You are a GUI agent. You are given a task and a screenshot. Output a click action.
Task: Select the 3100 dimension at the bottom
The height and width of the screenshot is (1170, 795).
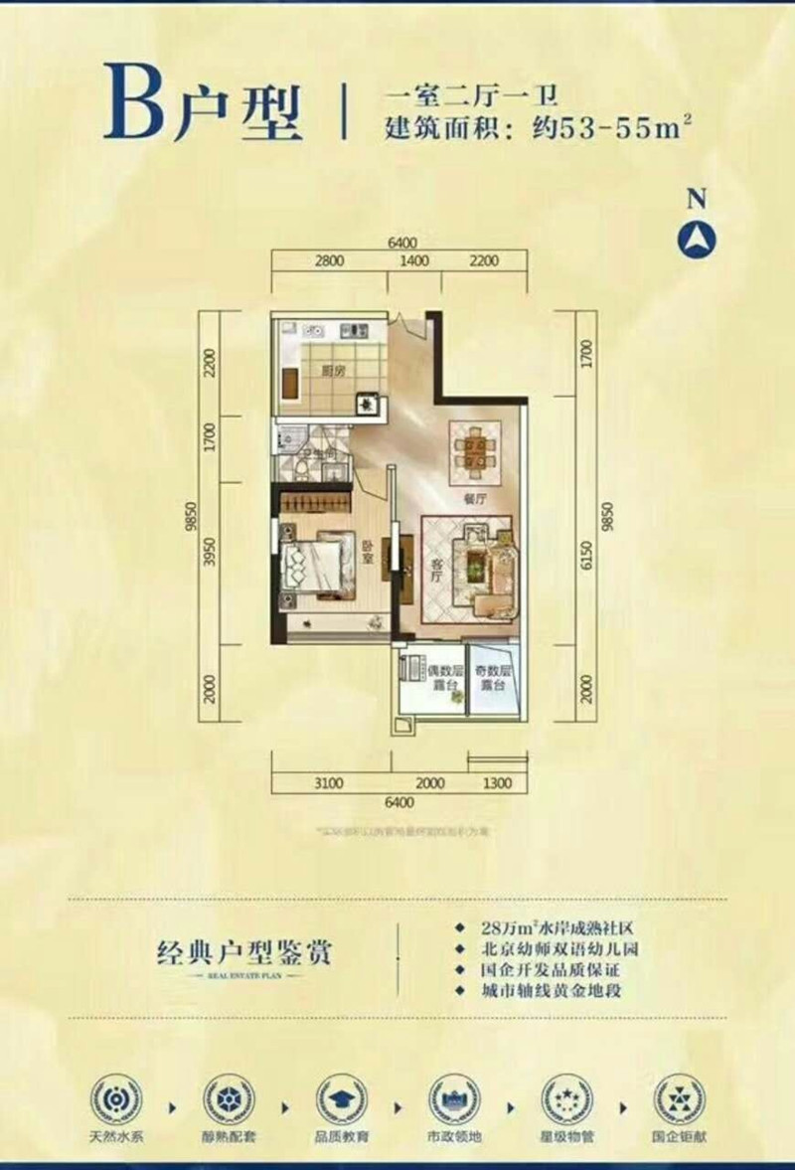pyautogui.click(x=328, y=783)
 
